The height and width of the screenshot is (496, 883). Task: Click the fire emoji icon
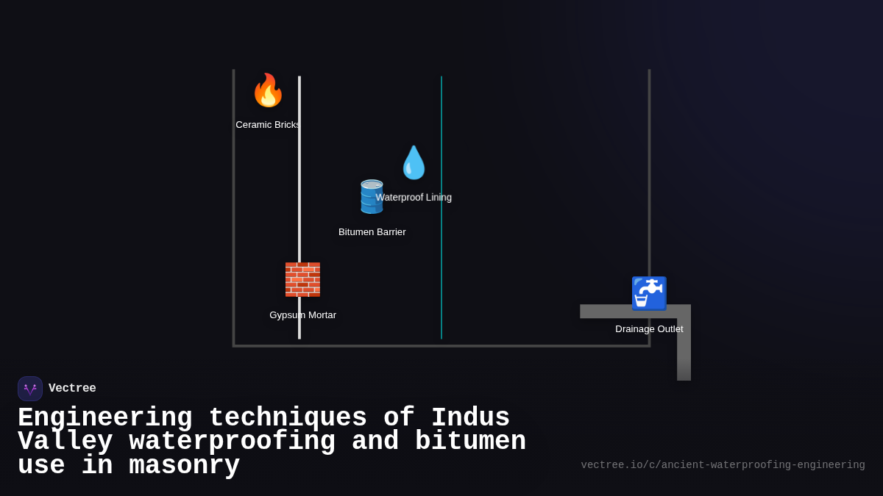point(268,90)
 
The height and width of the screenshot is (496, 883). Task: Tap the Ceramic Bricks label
point(268,125)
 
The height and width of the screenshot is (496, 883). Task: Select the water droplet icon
point(414,162)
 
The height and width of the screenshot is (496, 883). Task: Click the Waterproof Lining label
point(414,198)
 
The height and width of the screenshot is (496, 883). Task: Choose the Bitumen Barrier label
point(372,232)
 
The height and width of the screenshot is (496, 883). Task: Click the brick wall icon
point(302,279)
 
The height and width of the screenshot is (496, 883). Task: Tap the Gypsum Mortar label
point(302,315)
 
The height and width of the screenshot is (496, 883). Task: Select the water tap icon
point(649,293)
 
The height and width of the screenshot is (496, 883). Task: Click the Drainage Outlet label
point(649,329)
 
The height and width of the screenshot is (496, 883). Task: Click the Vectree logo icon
point(30,389)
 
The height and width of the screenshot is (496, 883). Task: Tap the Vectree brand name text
point(72,389)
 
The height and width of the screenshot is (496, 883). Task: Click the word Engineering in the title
point(104,418)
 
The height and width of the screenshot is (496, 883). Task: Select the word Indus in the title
point(470,418)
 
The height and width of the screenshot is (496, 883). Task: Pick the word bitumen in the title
point(470,442)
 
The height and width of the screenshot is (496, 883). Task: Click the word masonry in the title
point(184,466)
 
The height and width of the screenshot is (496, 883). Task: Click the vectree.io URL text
point(723,465)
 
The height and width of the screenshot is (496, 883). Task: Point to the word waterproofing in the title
point(232,442)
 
